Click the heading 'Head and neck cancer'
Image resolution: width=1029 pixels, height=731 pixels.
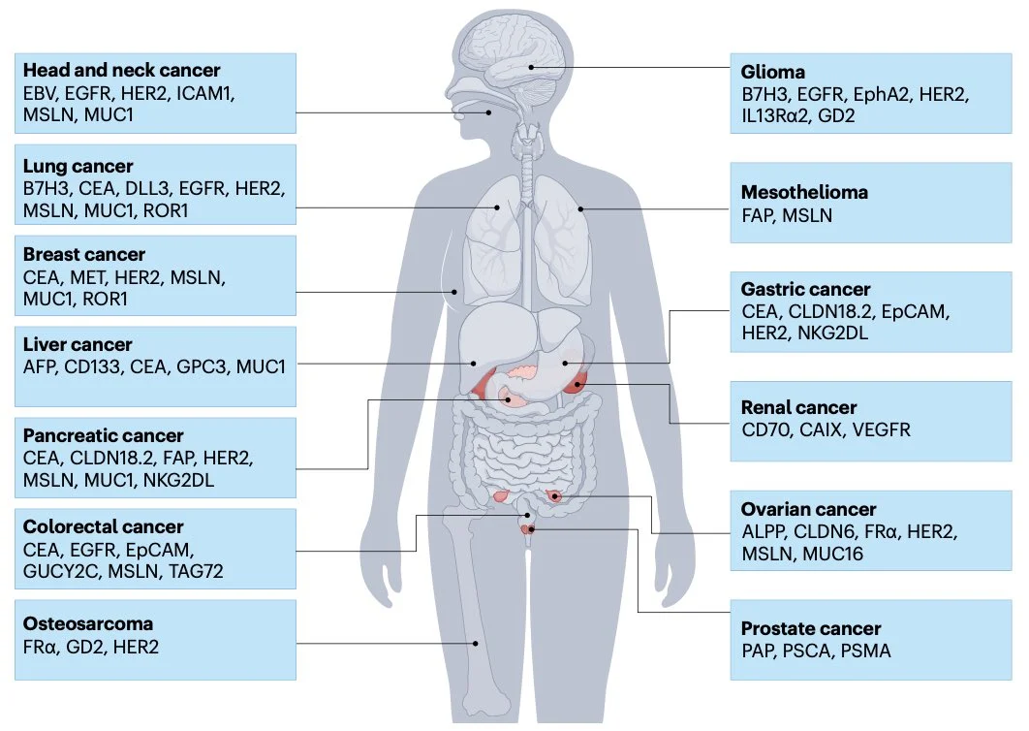click(x=121, y=71)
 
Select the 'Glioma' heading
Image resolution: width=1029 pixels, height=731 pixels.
click(x=772, y=73)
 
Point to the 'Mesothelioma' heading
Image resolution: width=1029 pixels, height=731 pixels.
click(x=804, y=192)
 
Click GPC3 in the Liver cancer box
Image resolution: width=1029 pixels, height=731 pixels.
click(x=200, y=367)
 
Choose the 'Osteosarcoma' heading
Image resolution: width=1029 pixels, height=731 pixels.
click(x=87, y=623)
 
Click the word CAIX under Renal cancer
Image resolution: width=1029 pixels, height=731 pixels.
click(x=820, y=429)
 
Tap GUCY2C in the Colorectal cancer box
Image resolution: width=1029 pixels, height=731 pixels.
click(x=62, y=571)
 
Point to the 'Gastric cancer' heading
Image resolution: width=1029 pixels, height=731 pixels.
click(x=805, y=289)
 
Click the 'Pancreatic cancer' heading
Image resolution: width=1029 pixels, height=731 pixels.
click(x=103, y=436)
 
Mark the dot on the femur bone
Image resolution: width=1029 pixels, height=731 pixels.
click(x=476, y=642)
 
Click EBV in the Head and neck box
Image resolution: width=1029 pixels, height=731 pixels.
click(x=41, y=93)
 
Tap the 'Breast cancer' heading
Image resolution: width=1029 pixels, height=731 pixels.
click(x=83, y=255)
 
